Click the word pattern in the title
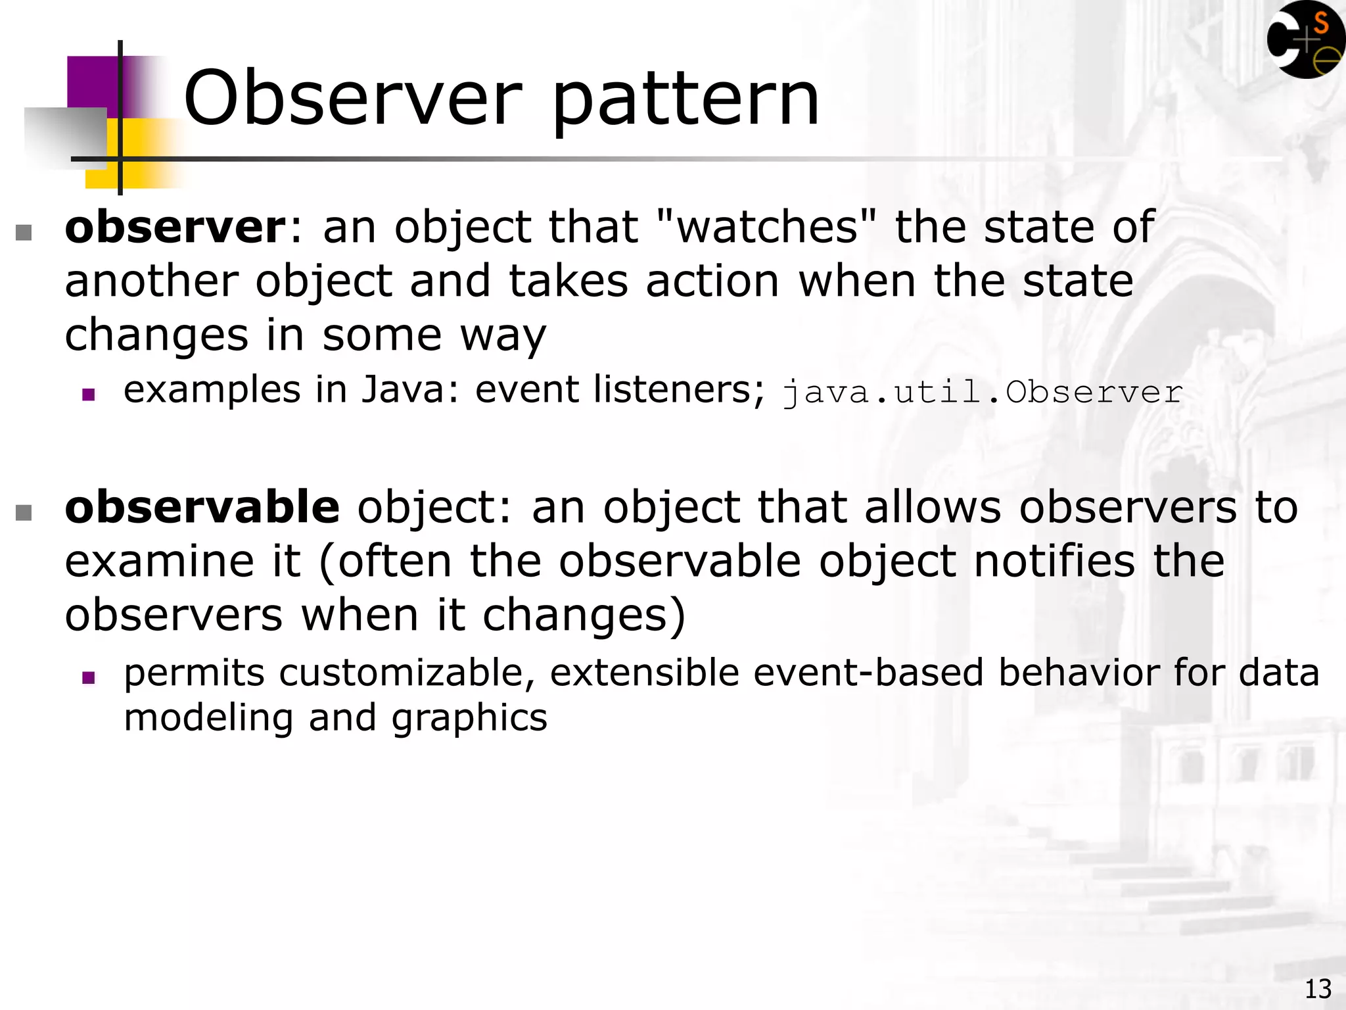coord(685,102)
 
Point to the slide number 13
coord(1317,989)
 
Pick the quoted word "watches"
coord(766,227)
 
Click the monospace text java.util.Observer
coord(983,393)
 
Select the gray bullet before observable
coord(24,512)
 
